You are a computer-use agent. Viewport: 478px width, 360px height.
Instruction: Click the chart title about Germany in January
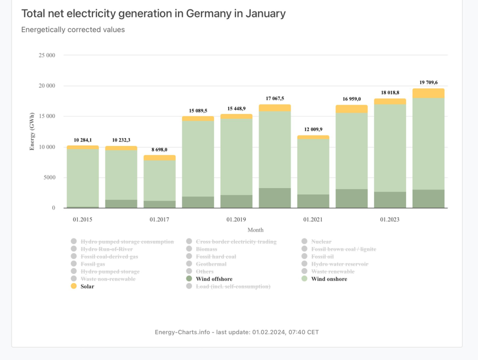coord(153,13)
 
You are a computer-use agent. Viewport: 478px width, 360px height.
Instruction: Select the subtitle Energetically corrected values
coord(73,29)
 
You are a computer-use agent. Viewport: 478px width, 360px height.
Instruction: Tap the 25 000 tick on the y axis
coord(46,55)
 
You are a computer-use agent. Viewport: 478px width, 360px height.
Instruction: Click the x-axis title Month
coord(255,229)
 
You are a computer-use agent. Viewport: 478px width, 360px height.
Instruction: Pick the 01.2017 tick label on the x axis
coord(159,219)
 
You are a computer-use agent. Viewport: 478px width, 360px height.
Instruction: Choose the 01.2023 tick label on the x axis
coord(389,219)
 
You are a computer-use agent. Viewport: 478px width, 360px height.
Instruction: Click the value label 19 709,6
coord(428,82)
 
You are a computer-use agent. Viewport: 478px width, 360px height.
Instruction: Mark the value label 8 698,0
coord(159,149)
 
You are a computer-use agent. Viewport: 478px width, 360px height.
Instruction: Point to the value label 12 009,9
coord(313,129)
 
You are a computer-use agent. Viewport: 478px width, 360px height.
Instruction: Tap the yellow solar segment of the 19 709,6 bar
coord(428,93)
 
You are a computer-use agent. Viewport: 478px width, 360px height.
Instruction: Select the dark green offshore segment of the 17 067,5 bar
coord(274,198)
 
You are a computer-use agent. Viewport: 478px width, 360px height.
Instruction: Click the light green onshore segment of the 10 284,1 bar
coord(82,177)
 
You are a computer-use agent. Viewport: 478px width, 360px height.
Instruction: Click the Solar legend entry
coord(87,286)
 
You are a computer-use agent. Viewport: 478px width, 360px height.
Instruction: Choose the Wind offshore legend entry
coord(213,279)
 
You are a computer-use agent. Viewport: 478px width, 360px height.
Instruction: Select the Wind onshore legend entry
coord(328,279)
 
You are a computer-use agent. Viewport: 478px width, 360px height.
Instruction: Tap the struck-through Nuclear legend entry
coord(320,241)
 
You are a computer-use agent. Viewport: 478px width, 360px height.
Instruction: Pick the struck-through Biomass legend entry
coord(206,249)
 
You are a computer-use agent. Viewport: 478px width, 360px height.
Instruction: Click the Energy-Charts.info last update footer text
coord(236,332)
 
